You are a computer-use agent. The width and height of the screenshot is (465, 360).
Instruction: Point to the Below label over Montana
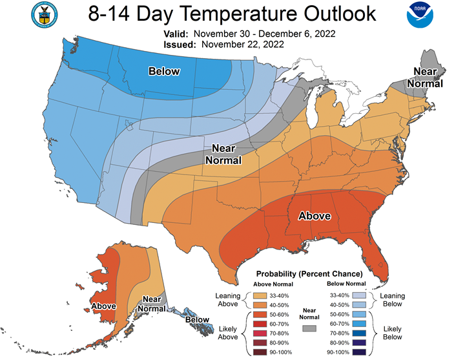164,71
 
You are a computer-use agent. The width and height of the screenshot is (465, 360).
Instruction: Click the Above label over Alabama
314,217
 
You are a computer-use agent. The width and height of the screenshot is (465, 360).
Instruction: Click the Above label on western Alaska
104,306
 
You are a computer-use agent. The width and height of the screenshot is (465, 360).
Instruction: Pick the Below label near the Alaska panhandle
197,319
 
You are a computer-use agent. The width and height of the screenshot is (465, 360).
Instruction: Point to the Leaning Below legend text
393,300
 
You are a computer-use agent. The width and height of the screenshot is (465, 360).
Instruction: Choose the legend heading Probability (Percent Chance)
309,274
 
